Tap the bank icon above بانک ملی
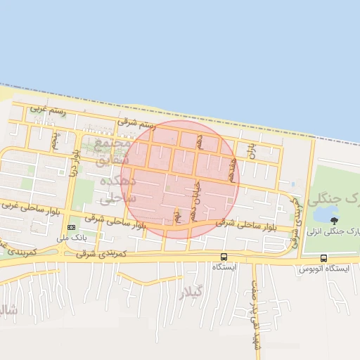[70, 227]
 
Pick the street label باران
[250, 150]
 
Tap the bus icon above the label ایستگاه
[224, 257]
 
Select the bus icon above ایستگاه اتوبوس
[323, 258]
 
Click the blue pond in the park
[325, 212]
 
